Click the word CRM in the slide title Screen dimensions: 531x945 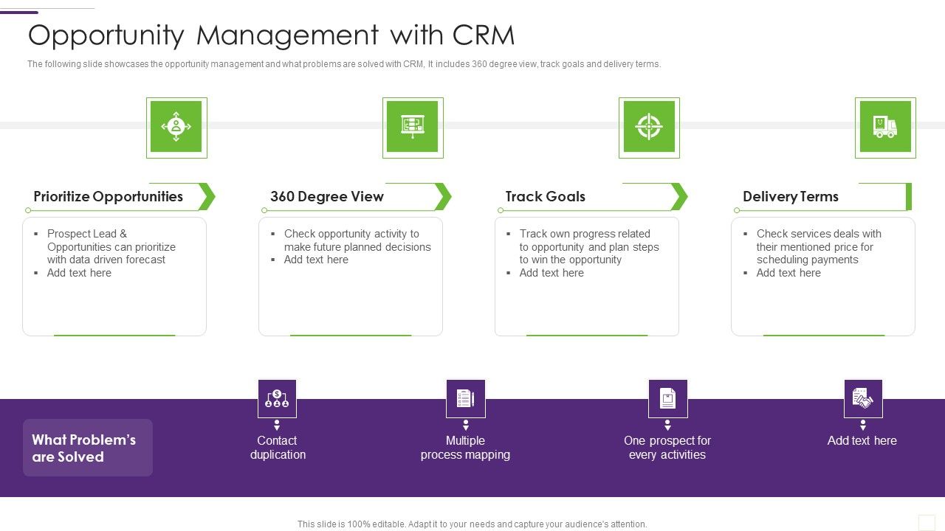click(x=483, y=35)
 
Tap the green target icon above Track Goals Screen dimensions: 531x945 click(x=649, y=127)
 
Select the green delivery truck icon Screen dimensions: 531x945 click(x=885, y=127)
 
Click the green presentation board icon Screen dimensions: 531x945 click(x=413, y=127)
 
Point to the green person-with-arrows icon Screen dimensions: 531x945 click(x=176, y=127)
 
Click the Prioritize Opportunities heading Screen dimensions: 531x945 click(x=109, y=197)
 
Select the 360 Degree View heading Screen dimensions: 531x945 click(x=327, y=197)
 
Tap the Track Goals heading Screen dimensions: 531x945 click(x=546, y=197)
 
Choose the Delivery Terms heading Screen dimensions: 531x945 click(x=791, y=197)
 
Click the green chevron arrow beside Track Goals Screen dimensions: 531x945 click(x=679, y=197)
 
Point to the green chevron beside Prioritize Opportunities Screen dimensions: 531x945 click(x=207, y=197)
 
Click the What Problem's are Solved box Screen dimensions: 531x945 click(x=88, y=448)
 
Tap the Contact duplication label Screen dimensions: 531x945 click(x=278, y=448)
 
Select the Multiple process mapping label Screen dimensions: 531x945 click(x=465, y=448)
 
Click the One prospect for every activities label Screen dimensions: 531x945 click(x=667, y=448)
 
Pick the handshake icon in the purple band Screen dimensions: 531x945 click(x=863, y=399)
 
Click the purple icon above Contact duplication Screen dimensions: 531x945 click(x=277, y=399)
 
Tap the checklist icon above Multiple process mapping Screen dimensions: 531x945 click(x=466, y=399)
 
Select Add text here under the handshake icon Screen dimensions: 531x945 click(x=862, y=441)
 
